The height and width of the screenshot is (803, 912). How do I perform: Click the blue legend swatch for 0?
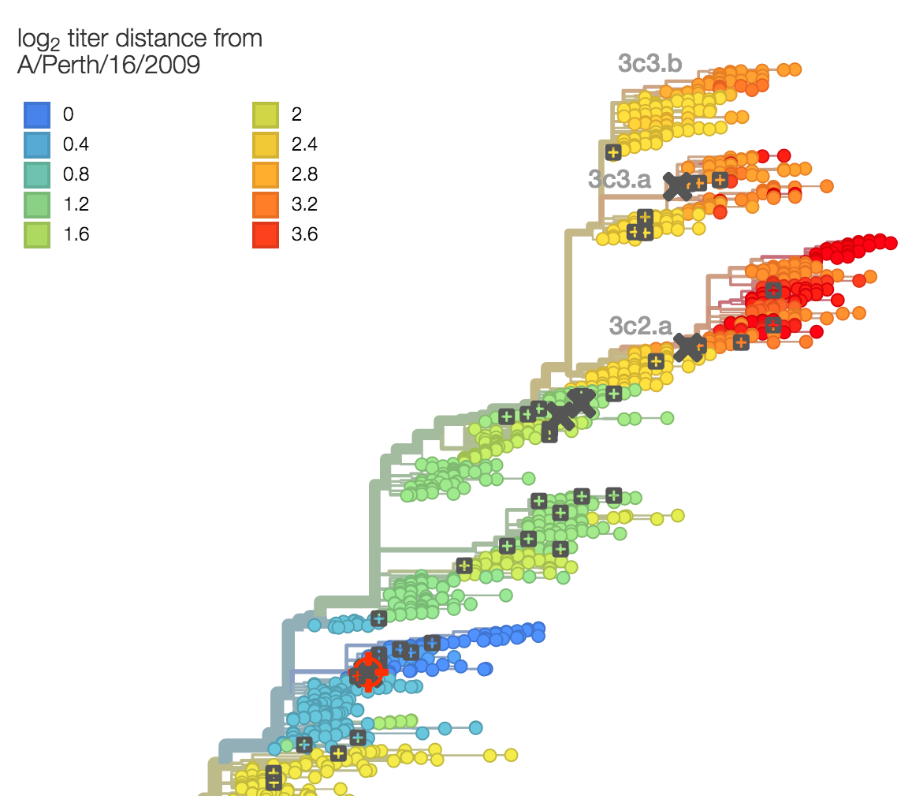[x=36, y=115]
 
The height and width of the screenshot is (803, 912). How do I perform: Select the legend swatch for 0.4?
[x=36, y=145]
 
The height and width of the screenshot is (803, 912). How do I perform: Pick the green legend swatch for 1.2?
[x=36, y=205]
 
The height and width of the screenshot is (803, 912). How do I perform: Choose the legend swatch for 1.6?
[x=36, y=235]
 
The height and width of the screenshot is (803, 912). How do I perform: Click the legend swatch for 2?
[x=266, y=115]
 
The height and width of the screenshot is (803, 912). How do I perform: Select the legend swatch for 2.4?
[x=266, y=145]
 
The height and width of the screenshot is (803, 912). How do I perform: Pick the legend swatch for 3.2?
[x=266, y=205]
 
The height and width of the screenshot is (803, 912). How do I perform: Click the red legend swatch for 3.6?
[x=266, y=235]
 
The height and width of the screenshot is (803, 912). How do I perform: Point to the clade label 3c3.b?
[x=650, y=64]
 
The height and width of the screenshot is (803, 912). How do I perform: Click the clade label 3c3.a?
[x=620, y=179]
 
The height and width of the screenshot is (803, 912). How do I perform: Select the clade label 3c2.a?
[x=640, y=325]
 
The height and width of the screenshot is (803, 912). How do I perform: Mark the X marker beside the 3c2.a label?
[x=689, y=346]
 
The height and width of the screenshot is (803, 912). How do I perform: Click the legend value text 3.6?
[x=304, y=235]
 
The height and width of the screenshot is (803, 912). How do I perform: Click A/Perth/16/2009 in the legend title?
[x=109, y=66]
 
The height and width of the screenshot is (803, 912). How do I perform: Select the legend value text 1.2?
[x=76, y=205]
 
